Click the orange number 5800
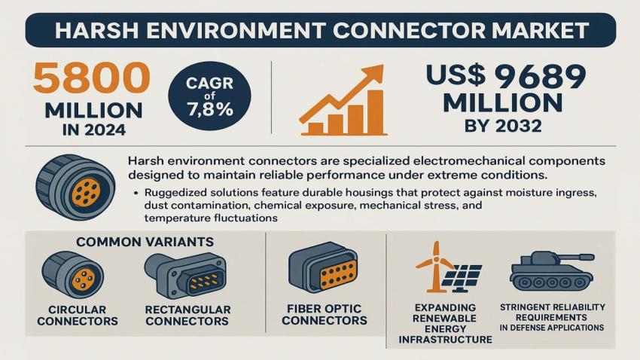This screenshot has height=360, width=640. click(x=91, y=78)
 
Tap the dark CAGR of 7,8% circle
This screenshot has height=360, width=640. click(x=209, y=96)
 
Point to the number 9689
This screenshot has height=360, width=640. click(x=540, y=77)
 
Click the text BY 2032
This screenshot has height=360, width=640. click(x=503, y=126)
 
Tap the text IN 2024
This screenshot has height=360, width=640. click(x=94, y=130)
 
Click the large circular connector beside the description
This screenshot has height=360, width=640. click(x=76, y=187)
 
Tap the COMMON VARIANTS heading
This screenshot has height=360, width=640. click(x=145, y=242)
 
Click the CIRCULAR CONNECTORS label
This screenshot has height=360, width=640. click(x=78, y=315)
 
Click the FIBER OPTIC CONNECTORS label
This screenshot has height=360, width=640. click(x=325, y=314)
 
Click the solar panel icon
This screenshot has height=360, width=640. click(x=462, y=278)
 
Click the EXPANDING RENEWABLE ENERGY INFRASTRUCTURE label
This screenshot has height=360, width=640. click(x=445, y=323)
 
